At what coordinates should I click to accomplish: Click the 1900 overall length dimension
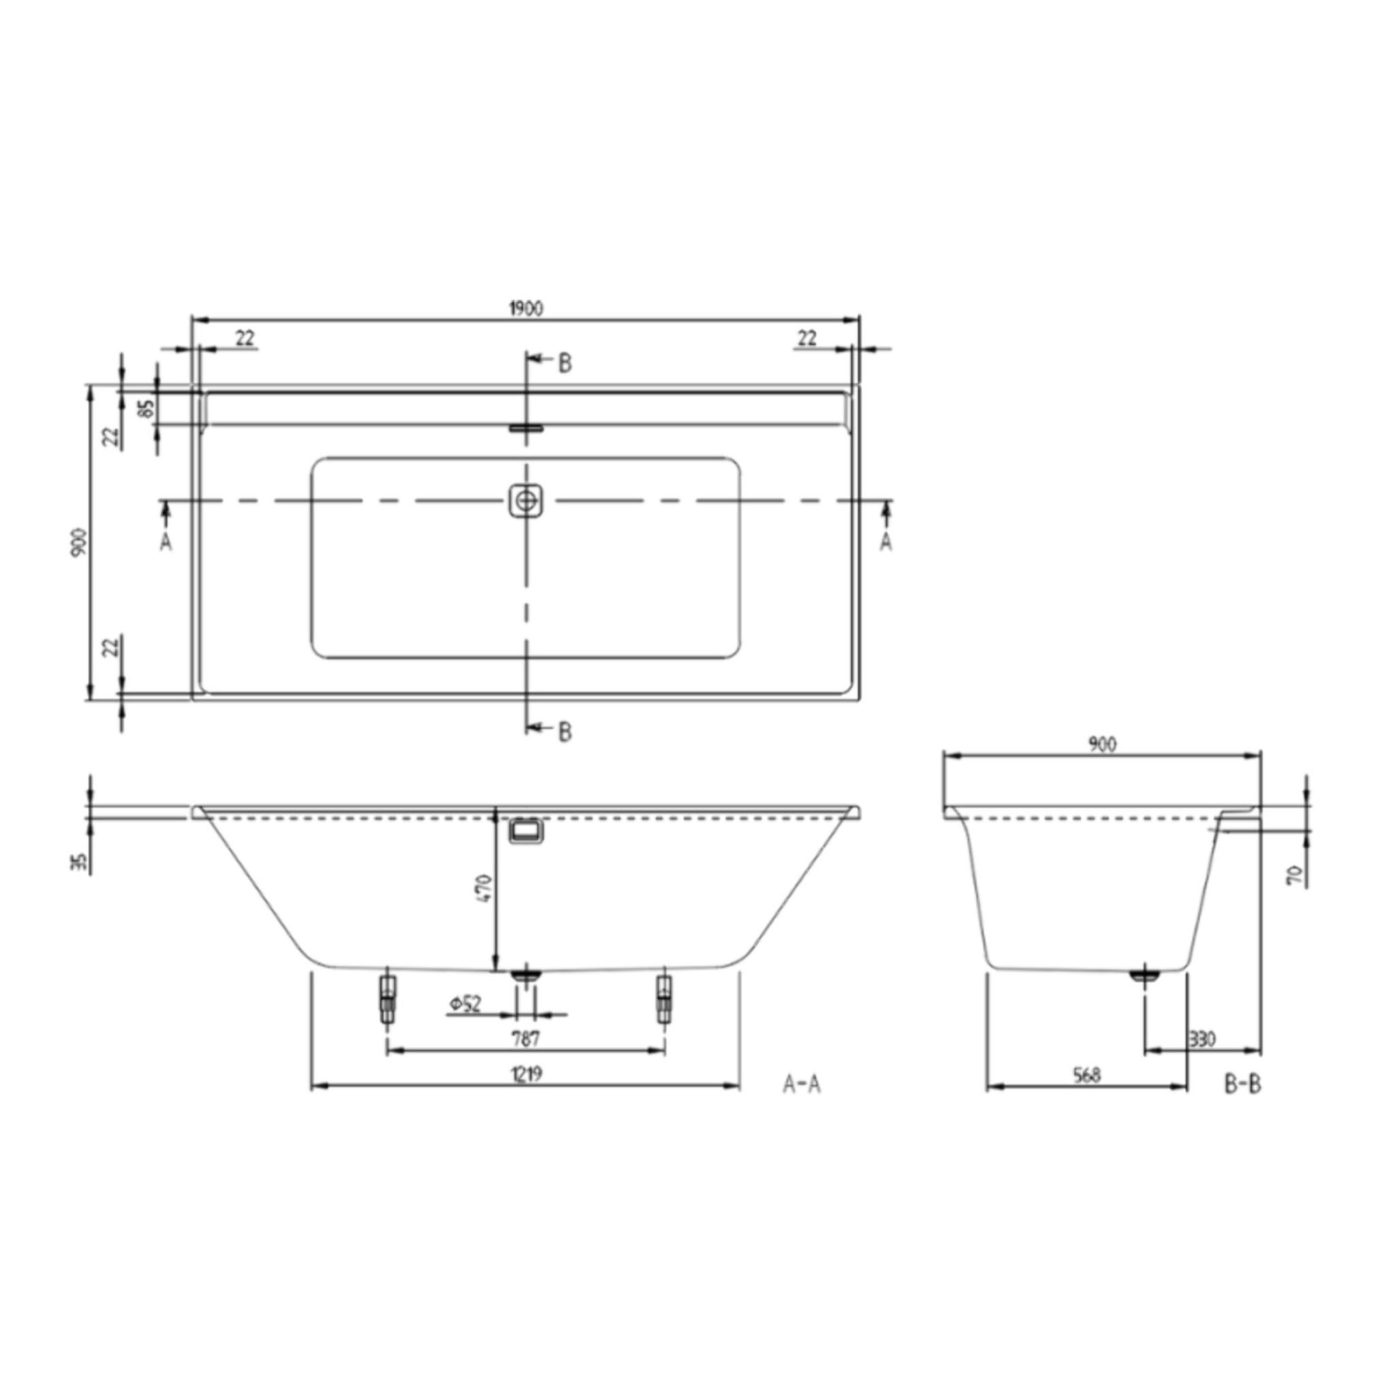(526, 309)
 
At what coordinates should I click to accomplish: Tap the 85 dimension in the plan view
(146, 409)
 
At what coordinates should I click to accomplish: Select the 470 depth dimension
(484, 888)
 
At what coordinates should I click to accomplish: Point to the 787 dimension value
(525, 1039)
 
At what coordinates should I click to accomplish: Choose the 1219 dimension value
(527, 1074)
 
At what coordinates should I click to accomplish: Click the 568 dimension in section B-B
(1086, 1075)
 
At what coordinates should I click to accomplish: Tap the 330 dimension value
(1202, 1039)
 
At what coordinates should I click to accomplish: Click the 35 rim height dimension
(80, 862)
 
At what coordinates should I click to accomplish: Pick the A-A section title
(802, 1084)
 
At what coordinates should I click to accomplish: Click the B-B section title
(1242, 1084)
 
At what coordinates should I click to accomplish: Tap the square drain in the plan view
(526, 501)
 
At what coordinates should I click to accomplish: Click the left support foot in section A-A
(388, 999)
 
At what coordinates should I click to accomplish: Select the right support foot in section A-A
(663, 999)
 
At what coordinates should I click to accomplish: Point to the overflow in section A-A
(526, 832)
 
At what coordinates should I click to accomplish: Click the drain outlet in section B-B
(1144, 976)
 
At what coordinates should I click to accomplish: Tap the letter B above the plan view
(565, 363)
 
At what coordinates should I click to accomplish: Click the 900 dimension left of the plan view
(80, 542)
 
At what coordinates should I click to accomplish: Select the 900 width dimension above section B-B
(1103, 744)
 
